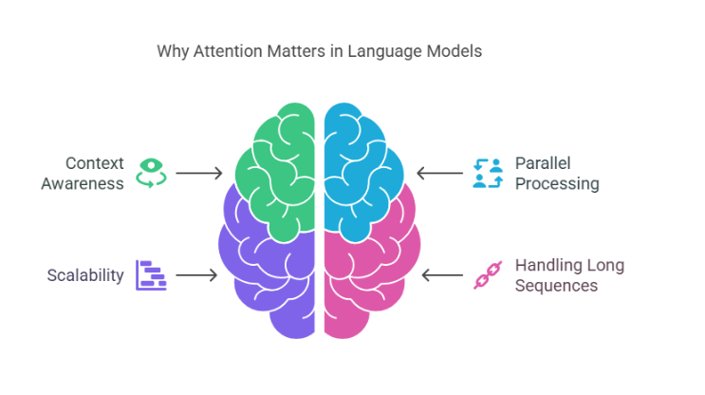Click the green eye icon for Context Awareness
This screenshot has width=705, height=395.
[151, 173]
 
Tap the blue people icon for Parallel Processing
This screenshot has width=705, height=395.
[487, 173]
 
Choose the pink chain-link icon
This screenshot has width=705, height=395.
[487, 275]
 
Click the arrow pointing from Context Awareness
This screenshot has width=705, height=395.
[198, 173]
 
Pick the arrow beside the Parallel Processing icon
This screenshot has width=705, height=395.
[438, 173]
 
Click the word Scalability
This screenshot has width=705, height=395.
[85, 275]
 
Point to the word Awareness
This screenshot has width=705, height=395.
[83, 183]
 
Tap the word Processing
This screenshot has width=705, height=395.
[557, 183]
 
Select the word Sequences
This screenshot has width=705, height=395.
[556, 285]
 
